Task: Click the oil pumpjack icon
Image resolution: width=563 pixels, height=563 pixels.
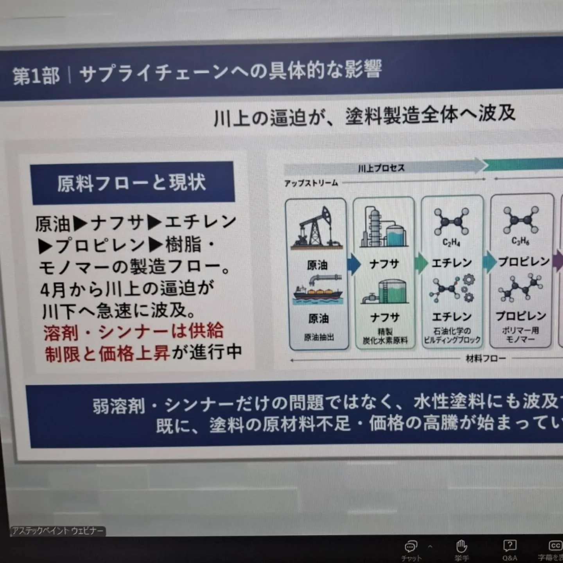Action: point(317,228)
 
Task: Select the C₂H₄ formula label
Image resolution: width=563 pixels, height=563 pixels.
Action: point(451,243)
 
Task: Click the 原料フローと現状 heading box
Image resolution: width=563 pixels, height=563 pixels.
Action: point(132,183)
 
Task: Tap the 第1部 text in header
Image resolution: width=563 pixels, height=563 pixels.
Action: point(36,75)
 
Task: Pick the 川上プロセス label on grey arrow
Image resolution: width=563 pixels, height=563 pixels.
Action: point(381,169)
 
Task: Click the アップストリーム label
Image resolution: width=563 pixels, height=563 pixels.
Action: point(311,183)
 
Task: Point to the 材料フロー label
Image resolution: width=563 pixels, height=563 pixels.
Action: point(486,358)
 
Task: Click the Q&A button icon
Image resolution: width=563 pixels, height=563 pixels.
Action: point(509,546)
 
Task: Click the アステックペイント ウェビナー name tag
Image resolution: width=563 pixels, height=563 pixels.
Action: point(57,531)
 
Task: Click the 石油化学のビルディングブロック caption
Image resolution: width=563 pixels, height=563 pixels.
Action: point(452,335)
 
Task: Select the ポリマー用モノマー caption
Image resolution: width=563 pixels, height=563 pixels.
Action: point(520,335)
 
